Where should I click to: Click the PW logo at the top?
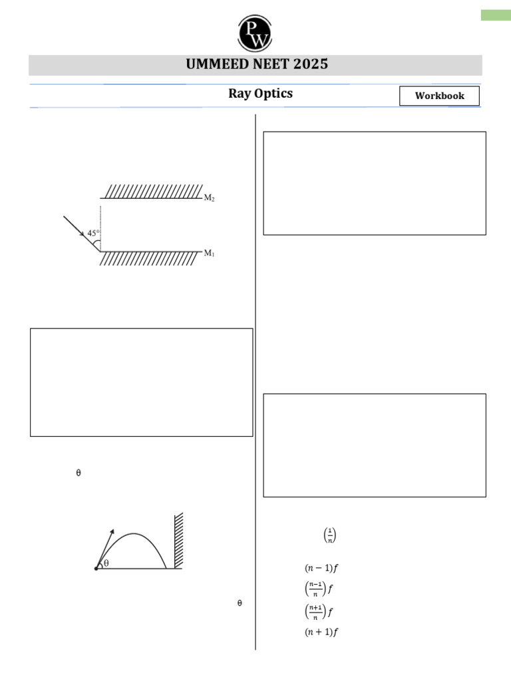click(255, 32)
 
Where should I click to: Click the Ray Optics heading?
click(260, 94)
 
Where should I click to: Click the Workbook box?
click(439, 96)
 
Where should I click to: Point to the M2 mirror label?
click(209, 198)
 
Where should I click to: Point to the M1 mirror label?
click(209, 253)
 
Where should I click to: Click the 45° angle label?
click(92, 233)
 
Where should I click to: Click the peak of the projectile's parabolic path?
click(134, 534)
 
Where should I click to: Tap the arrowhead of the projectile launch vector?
click(112, 531)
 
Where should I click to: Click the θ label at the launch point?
click(106, 563)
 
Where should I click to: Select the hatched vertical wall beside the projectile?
click(178, 540)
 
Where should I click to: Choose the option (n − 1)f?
click(322, 568)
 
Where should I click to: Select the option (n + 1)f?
click(322, 632)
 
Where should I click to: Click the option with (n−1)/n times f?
click(319, 589)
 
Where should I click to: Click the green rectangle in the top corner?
click(496, 15)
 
